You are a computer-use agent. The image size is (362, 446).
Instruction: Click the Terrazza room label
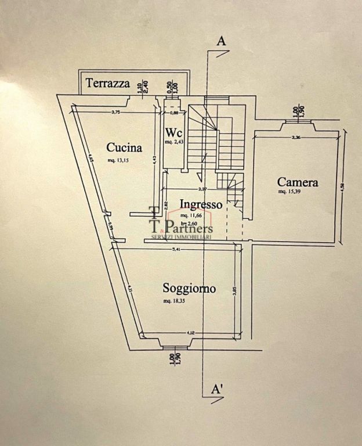click(x=108, y=83)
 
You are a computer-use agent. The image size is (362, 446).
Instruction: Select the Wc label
click(x=174, y=132)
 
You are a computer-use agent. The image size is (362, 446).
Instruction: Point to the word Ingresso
click(x=201, y=204)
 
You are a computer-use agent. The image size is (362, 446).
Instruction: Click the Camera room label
click(x=297, y=182)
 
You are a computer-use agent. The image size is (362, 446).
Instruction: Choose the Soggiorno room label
click(x=189, y=288)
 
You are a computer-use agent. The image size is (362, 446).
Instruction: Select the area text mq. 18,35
click(x=175, y=301)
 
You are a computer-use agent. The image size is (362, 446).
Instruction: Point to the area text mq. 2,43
click(x=173, y=142)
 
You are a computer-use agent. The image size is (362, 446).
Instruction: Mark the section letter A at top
click(x=219, y=41)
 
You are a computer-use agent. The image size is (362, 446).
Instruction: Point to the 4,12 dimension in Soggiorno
click(x=190, y=332)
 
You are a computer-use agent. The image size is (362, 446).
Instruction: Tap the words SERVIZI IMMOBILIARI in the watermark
click(x=182, y=236)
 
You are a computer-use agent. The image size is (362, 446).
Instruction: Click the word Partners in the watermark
click(x=188, y=226)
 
